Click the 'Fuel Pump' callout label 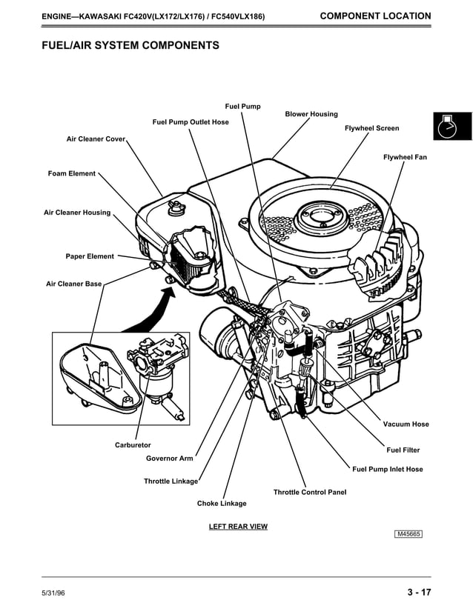(242, 107)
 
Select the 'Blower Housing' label (311, 114)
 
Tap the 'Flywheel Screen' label (371, 128)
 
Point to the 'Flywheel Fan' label (405, 157)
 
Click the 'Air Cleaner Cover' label (96, 139)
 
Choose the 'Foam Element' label (72, 173)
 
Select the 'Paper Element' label (90, 256)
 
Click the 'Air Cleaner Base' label (73, 284)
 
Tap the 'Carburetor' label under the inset (133, 445)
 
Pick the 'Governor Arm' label (169, 459)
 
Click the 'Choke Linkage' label (222, 504)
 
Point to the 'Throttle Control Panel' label (309, 492)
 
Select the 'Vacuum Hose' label (406, 424)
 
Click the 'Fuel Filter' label (403, 450)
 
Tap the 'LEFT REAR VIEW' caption (238, 527)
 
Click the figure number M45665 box (412, 534)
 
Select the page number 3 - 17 (419, 591)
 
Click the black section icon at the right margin (451, 126)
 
